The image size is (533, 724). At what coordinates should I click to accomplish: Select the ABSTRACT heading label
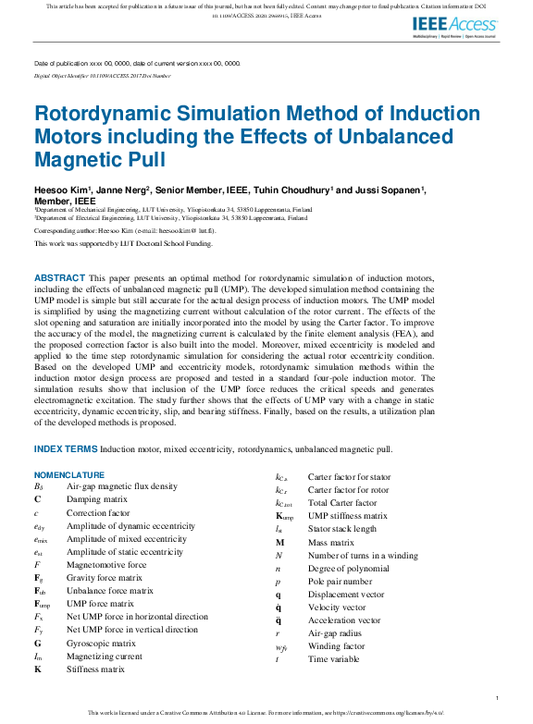click(x=59, y=278)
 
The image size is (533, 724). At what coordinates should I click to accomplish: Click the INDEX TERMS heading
click(x=66, y=449)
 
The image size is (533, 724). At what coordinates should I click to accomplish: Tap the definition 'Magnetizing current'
click(x=105, y=656)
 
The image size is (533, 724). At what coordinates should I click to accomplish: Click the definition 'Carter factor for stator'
click(x=349, y=477)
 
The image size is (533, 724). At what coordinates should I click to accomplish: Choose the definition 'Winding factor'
click(x=335, y=646)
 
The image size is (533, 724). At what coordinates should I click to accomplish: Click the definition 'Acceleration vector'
click(x=343, y=620)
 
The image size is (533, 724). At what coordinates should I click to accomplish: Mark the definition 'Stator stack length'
click(x=341, y=529)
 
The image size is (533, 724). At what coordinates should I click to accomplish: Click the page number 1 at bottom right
click(x=498, y=696)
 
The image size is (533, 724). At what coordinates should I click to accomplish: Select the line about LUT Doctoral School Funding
click(x=123, y=244)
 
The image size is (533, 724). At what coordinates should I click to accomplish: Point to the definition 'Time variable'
click(x=333, y=659)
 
